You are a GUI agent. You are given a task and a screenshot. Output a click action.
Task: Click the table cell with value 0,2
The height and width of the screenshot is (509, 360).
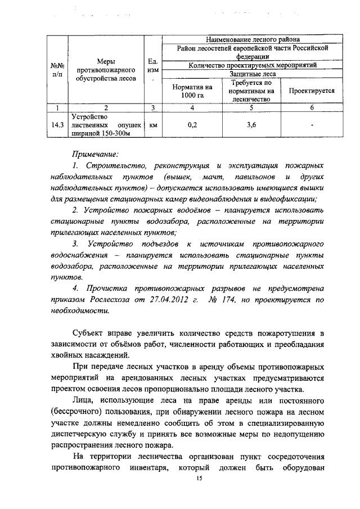coord(192,125)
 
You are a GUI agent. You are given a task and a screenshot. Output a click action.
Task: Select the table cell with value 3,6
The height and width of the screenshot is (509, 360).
coord(251,125)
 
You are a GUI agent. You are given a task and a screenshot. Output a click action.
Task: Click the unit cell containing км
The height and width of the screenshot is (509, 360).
coord(152,125)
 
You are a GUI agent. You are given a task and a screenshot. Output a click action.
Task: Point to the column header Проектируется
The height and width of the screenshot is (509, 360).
coord(311,90)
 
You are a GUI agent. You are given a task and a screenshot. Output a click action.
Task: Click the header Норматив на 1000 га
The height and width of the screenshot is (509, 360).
coord(192,90)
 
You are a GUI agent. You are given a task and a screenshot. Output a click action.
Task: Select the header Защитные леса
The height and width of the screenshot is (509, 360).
coord(251,74)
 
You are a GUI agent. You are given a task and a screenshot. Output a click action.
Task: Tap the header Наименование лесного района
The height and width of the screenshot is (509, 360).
coord(251,39)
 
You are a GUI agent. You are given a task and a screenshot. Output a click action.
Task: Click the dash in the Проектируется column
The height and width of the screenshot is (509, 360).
coord(311,125)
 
